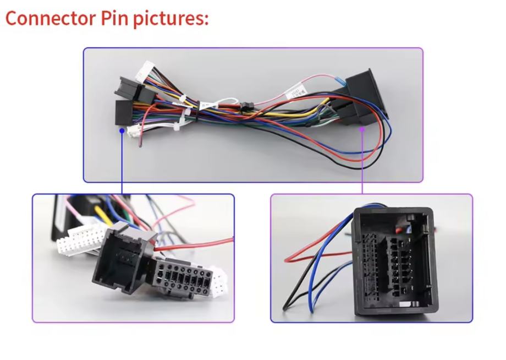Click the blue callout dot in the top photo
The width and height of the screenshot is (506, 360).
[122, 130]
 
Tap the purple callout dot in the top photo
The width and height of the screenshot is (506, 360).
[362, 129]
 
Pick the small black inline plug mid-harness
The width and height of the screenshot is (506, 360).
[245, 106]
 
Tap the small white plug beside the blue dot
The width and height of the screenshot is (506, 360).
[133, 131]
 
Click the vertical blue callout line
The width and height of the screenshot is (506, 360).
[122, 163]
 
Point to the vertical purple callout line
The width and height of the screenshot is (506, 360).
[362, 163]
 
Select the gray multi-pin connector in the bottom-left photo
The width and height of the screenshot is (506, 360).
[181, 277]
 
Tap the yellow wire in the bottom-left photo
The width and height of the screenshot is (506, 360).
[103, 216]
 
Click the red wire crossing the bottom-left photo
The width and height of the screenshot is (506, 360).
[194, 244]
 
